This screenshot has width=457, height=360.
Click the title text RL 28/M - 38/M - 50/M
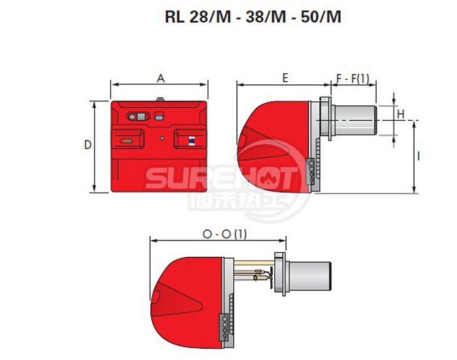tap(253, 17)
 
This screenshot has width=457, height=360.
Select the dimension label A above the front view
tap(160, 78)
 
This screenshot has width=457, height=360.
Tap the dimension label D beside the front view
tap(88, 145)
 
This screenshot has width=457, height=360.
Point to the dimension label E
tap(285, 78)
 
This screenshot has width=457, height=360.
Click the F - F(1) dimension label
tap(353, 78)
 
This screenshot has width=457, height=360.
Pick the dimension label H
tap(401, 114)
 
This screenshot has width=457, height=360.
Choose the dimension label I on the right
tap(418, 156)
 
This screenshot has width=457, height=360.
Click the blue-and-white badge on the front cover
tap(190, 139)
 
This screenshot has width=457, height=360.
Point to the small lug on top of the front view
tap(160, 100)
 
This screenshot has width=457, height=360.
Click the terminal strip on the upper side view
tap(311, 172)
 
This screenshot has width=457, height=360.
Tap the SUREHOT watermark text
tap(222, 176)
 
